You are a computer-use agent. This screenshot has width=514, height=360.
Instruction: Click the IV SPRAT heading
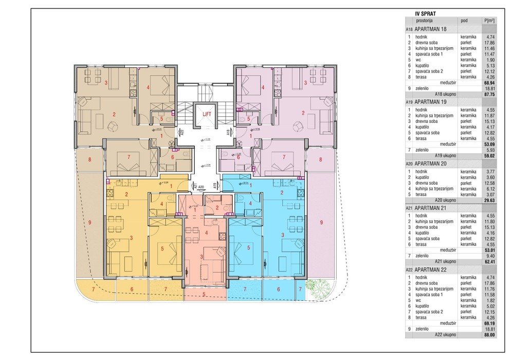pyautogui.click(x=426, y=15)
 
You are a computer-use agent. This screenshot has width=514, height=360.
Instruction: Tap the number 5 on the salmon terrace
pyautogui.click(x=204, y=294)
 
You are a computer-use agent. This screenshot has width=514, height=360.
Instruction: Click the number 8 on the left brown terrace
pyautogui.click(x=89, y=159)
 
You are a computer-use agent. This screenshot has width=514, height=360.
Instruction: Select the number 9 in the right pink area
pyautogui.click(x=321, y=222)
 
